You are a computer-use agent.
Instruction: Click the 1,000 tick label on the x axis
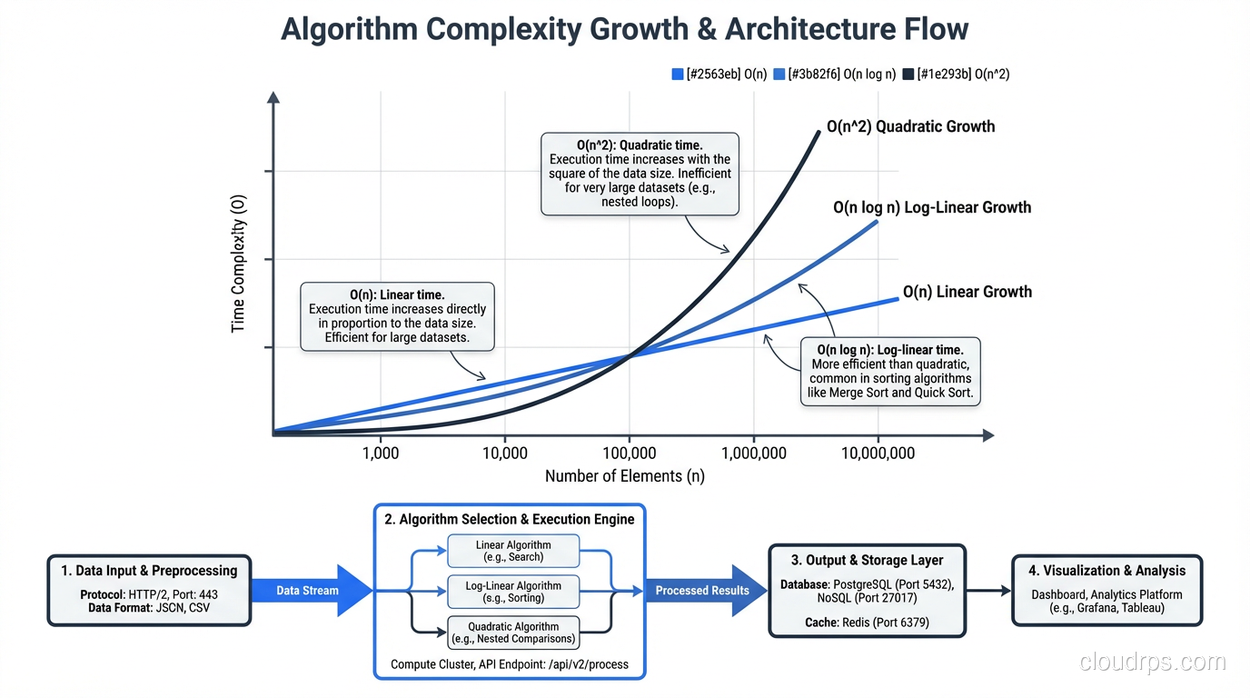coord(380,453)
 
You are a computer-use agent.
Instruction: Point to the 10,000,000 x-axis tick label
coord(878,453)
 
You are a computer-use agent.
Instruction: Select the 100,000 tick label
coord(629,453)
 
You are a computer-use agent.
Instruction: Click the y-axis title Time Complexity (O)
coord(239,264)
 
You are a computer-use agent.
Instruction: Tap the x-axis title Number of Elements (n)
coord(624,476)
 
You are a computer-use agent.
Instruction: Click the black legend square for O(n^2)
coord(908,75)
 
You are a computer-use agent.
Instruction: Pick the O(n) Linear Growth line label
coord(967,292)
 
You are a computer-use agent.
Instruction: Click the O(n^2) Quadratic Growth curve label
coord(910,126)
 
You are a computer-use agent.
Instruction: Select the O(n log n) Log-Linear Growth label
coord(932,207)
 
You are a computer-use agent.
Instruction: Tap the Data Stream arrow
coord(309,591)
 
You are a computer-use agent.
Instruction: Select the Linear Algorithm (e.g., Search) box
coord(513,551)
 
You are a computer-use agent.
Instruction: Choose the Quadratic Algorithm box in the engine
coord(513,633)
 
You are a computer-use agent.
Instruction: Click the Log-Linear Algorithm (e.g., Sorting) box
coord(513,592)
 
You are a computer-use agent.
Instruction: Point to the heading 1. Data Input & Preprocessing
coord(149,571)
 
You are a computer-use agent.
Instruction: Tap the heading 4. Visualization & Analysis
coord(1106,571)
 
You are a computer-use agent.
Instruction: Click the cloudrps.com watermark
coord(1153,663)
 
